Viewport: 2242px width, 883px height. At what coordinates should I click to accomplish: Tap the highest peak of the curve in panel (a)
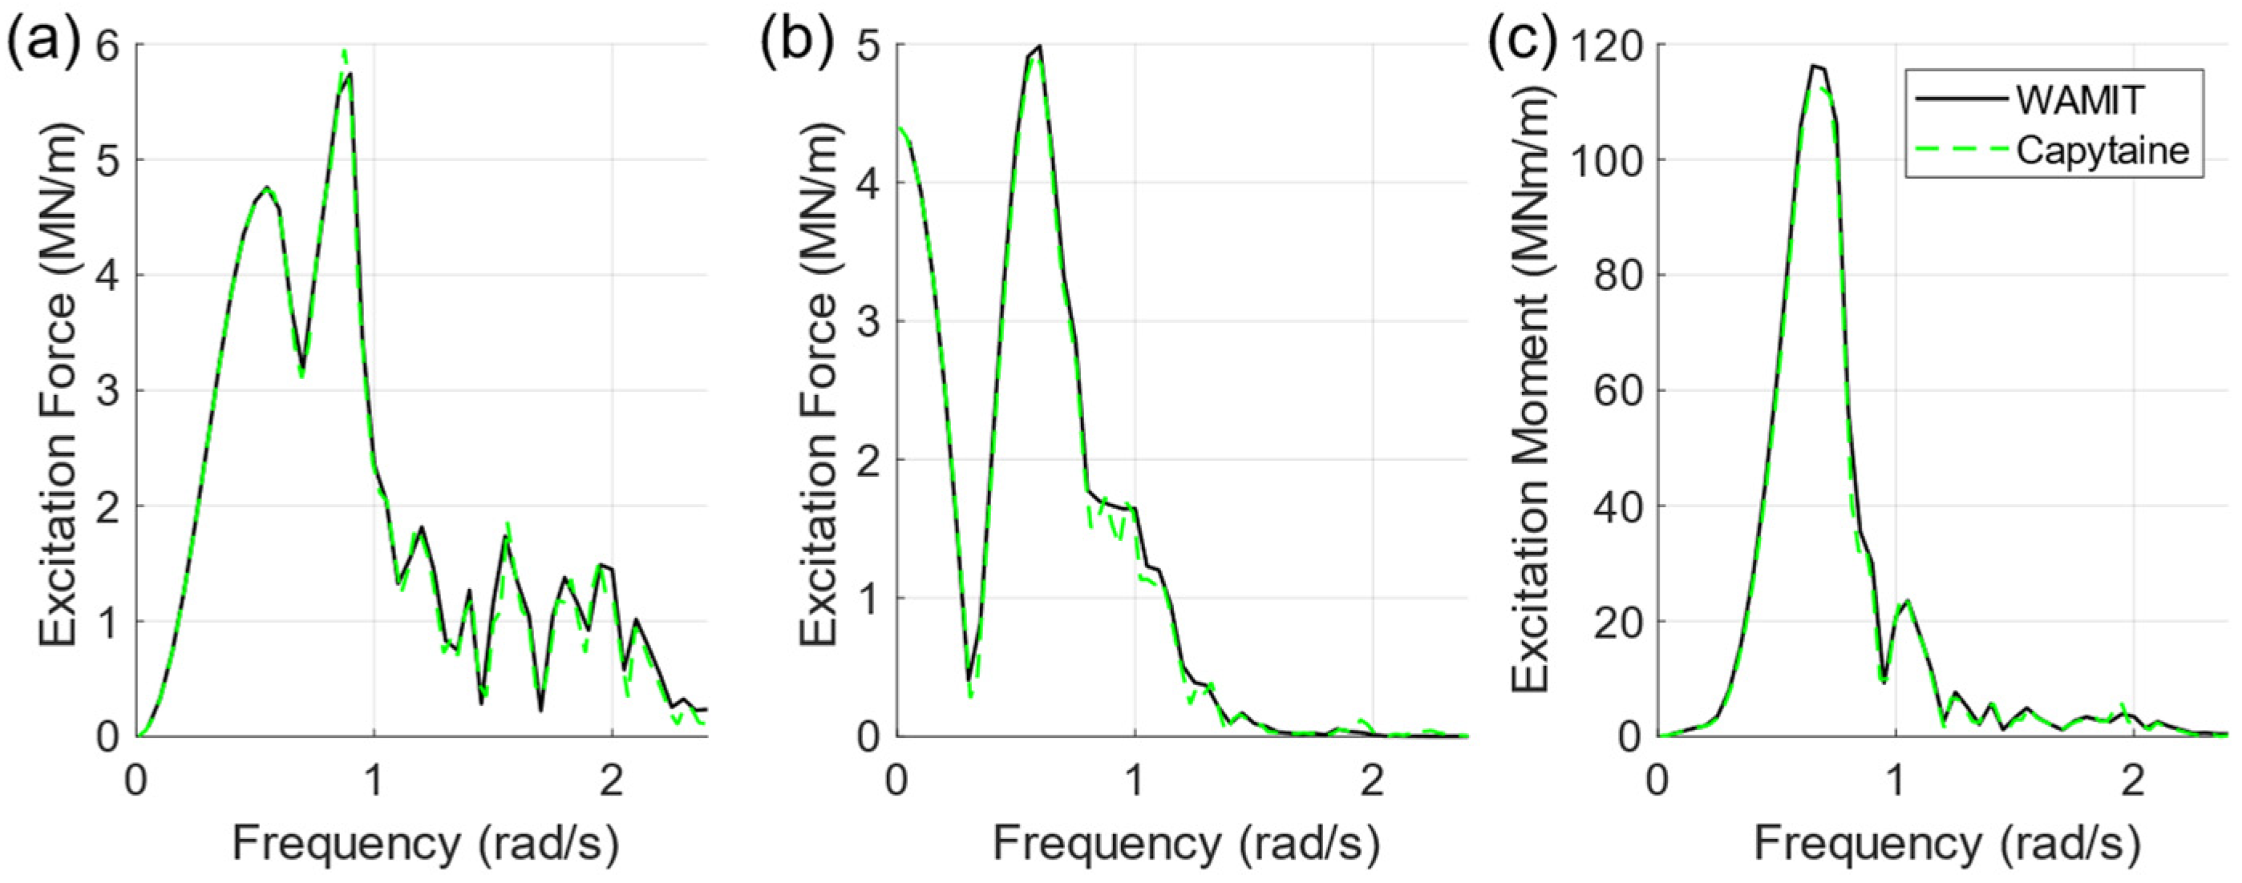click(x=345, y=52)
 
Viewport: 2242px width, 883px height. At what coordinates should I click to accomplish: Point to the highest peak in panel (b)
click(x=1038, y=46)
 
